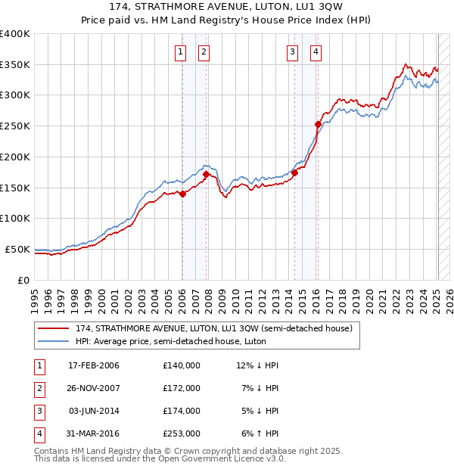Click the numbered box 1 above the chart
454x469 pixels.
tap(182, 52)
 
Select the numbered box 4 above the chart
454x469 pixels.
tap(315, 52)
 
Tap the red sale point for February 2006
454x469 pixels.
tap(182, 194)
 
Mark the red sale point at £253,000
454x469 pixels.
tap(319, 124)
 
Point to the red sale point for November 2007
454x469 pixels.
tap(206, 174)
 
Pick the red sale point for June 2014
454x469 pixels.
tap(294, 172)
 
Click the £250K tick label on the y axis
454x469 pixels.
tap(15, 126)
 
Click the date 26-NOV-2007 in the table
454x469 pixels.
tap(94, 388)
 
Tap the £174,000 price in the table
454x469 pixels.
tap(181, 411)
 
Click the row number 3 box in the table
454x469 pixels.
tap(39, 411)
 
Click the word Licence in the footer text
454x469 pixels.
tap(242, 459)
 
